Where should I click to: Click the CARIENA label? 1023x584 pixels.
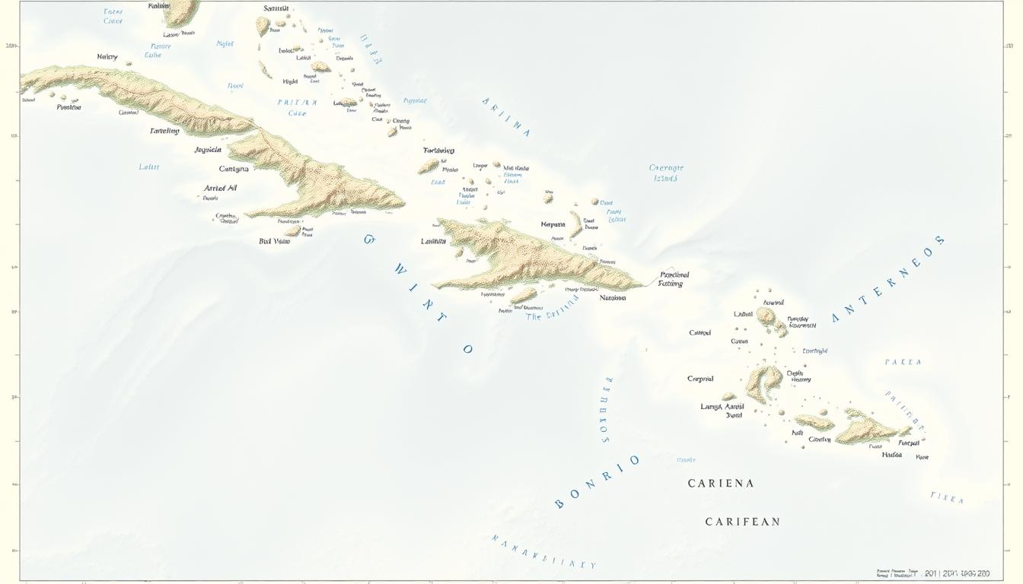click(720, 483)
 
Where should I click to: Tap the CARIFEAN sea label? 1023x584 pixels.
click(742, 522)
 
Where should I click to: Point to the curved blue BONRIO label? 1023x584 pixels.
click(597, 481)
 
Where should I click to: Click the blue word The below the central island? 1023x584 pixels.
click(534, 316)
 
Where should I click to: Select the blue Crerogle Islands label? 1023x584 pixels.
click(666, 173)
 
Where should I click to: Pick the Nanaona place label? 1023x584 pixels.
click(613, 298)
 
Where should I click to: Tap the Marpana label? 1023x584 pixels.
click(553, 224)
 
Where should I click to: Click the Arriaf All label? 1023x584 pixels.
click(220, 188)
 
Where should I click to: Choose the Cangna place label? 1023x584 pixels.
click(233, 169)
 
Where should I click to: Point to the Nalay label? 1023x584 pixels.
click(107, 57)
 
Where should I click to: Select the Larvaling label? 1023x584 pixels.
click(164, 131)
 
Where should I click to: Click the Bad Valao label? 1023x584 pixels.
click(274, 241)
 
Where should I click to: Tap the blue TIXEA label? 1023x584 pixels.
click(947, 497)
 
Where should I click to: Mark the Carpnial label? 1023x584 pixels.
click(700, 379)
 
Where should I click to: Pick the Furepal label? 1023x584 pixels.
click(909, 443)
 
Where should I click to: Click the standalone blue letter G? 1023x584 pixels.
click(369, 240)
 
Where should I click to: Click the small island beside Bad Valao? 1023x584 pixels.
click(292, 230)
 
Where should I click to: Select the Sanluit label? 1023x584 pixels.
click(277, 8)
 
